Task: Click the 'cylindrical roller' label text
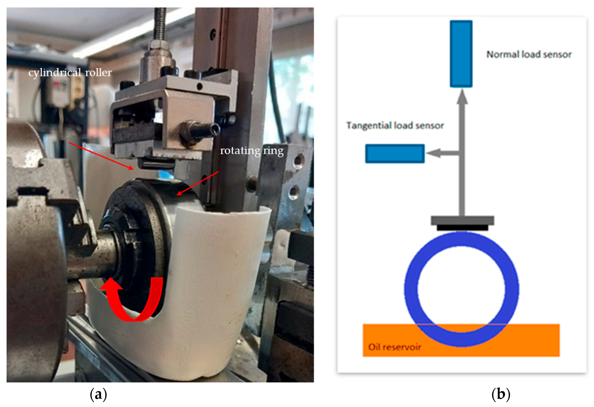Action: (70, 73)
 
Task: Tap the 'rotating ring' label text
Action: (252, 151)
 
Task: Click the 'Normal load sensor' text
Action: (529, 54)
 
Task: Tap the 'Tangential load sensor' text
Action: (395, 126)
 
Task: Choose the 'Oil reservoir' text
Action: (394, 347)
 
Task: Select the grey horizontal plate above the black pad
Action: (462, 220)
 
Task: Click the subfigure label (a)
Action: (98, 394)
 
